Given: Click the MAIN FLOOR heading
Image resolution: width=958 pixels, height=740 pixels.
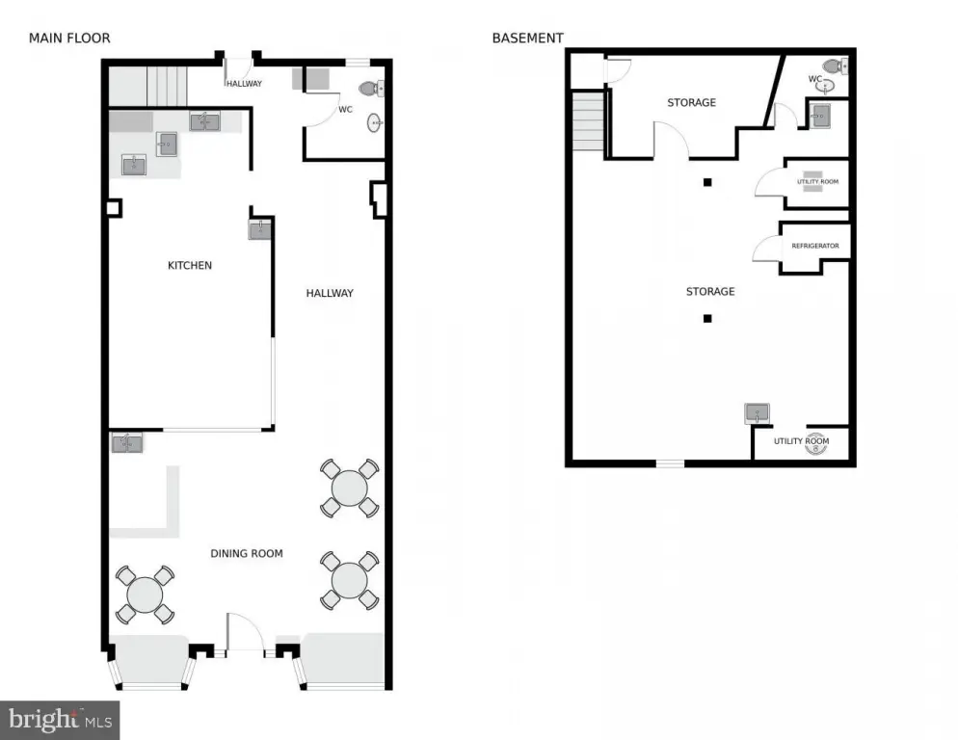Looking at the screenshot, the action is [x=69, y=38].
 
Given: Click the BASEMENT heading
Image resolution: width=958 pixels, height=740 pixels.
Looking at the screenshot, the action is [x=528, y=38].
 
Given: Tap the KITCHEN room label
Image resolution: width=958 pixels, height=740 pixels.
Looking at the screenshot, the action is [x=190, y=265].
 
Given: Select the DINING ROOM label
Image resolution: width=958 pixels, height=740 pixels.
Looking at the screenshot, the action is [x=247, y=554].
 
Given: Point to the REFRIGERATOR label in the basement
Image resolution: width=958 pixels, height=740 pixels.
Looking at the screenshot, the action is [x=815, y=246].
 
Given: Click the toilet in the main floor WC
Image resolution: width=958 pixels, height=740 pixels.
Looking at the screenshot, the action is [x=371, y=89].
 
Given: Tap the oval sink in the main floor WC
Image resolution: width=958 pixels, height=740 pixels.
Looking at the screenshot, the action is [x=375, y=122].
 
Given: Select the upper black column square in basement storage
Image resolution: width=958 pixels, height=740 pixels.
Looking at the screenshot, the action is [x=707, y=182].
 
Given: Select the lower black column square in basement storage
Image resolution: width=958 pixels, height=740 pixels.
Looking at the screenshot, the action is [x=707, y=318].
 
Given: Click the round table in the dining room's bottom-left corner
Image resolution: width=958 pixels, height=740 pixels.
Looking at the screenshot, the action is [x=145, y=595].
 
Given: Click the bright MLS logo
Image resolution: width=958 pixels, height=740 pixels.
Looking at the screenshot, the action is [x=60, y=721].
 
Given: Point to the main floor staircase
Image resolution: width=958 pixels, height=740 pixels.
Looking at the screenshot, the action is [x=166, y=86].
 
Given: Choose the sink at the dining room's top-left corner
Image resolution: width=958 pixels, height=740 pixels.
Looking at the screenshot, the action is [x=127, y=443].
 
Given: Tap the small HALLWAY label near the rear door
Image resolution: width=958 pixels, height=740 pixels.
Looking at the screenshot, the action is [x=245, y=84].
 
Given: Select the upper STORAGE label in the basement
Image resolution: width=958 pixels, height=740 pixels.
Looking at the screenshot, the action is [x=692, y=103].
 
